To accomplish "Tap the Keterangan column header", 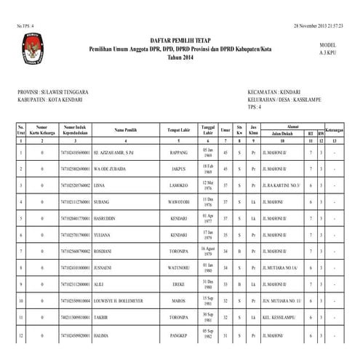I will click(x=334, y=129).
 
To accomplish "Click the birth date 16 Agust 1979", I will click(x=208, y=249).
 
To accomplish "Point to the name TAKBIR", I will click(x=103, y=318).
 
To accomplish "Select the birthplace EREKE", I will click(x=178, y=283).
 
